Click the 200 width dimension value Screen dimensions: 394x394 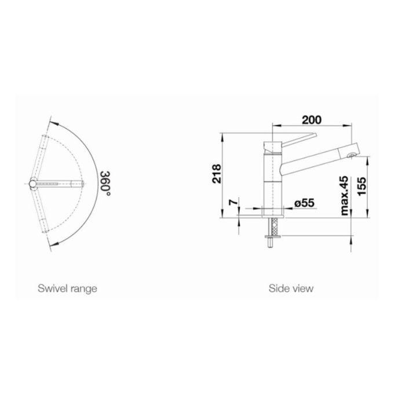coord(311,120)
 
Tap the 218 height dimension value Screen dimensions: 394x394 coord(217,174)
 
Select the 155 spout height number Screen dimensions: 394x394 coord(362,187)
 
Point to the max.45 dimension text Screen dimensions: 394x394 coord(345,195)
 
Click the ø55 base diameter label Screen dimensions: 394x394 coord(304,203)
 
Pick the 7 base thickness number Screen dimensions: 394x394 coord(233,202)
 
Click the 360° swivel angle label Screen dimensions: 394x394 coord(105,184)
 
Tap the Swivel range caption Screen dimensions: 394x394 coord(67,289)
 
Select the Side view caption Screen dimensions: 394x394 coord(291,288)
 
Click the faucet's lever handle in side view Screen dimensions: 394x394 coord(299,140)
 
